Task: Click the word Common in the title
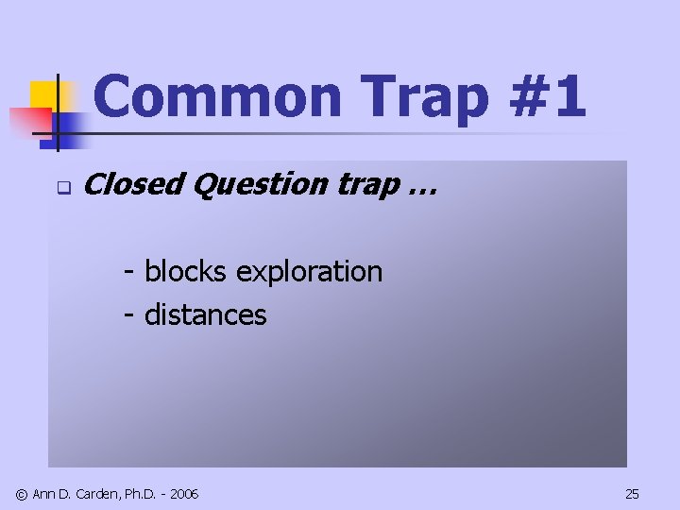pyautogui.click(x=218, y=98)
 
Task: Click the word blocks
pyautogui.click(x=185, y=271)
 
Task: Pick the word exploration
pyautogui.click(x=309, y=272)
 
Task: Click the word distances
pyautogui.click(x=205, y=314)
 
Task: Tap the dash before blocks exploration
pyautogui.click(x=129, y=273)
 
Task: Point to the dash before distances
pyautogui.click(x=129, y=315)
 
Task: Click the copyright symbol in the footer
pyautogui.click(x=22, y=494)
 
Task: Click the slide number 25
pyautogui.click(x=632, y=494)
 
